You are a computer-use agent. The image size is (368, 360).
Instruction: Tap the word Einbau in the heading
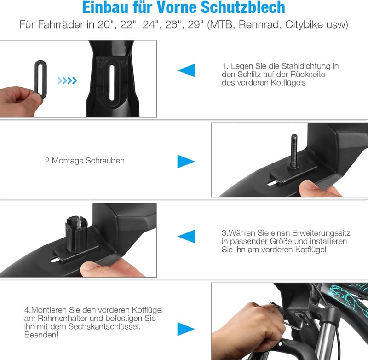[105, 7]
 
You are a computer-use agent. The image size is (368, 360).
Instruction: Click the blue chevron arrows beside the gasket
[67, 81]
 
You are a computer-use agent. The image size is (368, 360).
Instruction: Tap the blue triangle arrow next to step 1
[187, 70]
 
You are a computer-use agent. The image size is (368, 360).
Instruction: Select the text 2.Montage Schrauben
[85, 161]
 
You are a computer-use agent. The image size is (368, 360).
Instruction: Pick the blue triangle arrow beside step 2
[186, 162]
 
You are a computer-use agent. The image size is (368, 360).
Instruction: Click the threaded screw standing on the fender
[294, 150]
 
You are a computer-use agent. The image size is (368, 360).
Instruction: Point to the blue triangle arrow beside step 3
[187, 236]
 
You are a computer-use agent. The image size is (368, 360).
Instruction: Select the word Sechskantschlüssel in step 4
[104, 326]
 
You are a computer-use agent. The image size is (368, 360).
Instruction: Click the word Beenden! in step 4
[41, 335]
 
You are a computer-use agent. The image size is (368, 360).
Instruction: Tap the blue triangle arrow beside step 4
[186, 329]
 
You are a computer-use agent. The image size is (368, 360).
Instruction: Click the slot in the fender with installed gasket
[112, 82]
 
